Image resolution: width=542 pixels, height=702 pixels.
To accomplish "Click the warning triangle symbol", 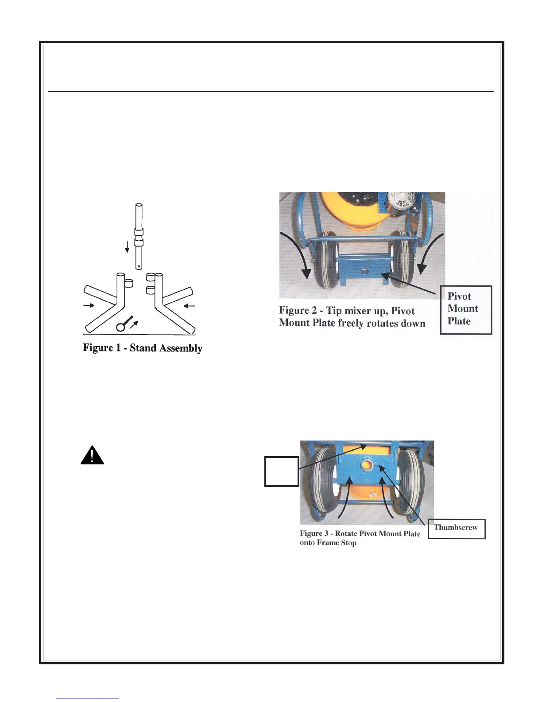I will (92, 455).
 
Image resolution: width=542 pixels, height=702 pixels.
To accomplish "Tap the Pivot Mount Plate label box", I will (466, 309).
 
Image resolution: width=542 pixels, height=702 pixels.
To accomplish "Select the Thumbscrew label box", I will (456, 528).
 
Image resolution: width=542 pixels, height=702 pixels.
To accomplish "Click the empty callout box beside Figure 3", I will (281, 471).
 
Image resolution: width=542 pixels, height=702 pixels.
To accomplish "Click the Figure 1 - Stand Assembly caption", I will (143, 348).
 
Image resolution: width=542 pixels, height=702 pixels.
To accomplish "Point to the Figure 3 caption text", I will (360, 538).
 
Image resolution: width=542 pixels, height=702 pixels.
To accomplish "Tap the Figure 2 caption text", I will (352, 316).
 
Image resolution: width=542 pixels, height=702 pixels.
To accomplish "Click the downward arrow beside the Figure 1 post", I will (127, 246).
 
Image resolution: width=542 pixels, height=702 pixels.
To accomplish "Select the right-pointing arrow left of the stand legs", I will (89, 305).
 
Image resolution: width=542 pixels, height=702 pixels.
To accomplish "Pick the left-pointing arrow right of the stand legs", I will (190, 305).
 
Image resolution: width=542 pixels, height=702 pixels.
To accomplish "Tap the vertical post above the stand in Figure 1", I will (139, 235).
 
